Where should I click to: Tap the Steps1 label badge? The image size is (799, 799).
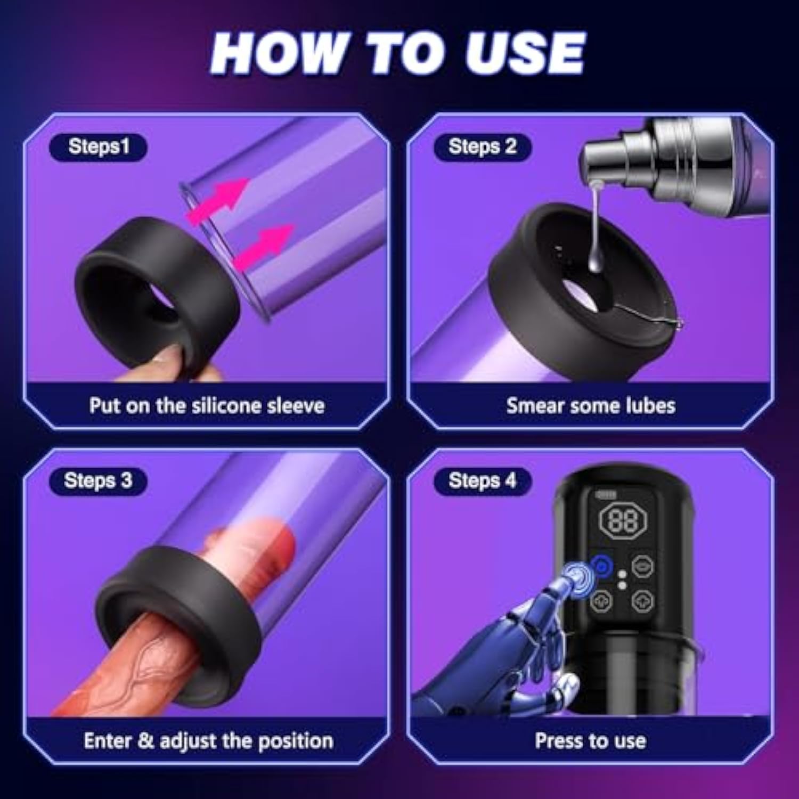tap(98, 146)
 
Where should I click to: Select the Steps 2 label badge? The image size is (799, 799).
tap(483, 146)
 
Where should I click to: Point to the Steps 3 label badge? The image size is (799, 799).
tap(98, 480)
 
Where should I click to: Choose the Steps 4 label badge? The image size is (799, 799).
tap(483, 480)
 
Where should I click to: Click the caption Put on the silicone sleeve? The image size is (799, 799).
tap(207, 406)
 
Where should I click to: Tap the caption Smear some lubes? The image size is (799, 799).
tap(591, 406)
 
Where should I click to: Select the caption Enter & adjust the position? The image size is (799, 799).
tap(208, 741)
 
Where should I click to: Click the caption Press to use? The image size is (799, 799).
tap(590, 741)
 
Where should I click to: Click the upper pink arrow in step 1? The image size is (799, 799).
tap(218, 200)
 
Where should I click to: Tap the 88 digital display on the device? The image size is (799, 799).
tap(622, 520)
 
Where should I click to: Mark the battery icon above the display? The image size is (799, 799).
tap(607, 495)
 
